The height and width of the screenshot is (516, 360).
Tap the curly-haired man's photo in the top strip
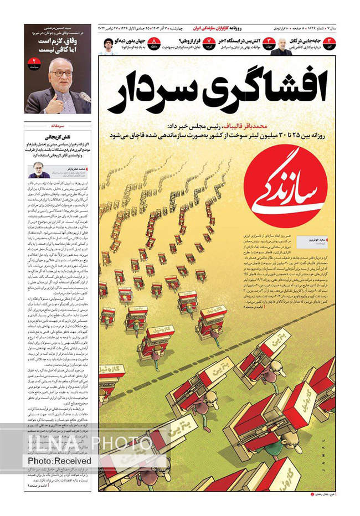click(x=108, y=46)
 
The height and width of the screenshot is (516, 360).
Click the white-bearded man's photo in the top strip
click(x=283, y=46)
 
